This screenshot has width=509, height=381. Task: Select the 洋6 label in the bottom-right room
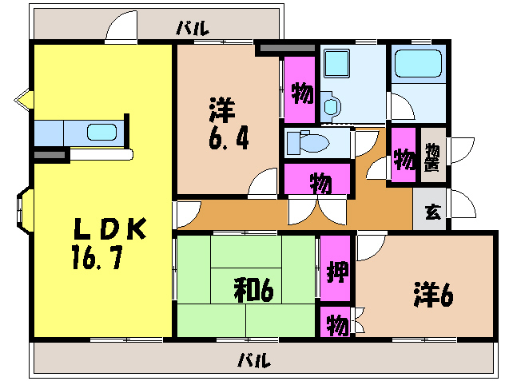click(x=434, y=295)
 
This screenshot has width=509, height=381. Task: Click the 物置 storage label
click(x=432, y=157)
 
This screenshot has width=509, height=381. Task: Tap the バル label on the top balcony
click(x=193, y=29)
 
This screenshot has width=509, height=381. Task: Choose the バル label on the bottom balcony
click(x=254, y=359)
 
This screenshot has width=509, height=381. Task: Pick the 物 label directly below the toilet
click(x=319, y=182)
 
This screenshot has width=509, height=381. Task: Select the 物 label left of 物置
click(x=404, y=160)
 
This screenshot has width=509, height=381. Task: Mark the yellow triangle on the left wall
click(x=22, y=101)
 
